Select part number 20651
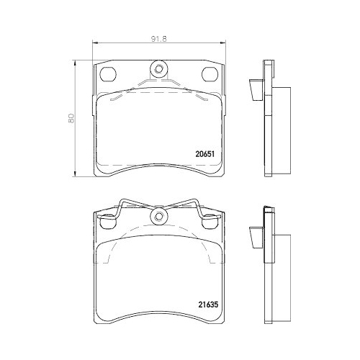tap(206, 152)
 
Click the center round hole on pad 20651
tap(158, 70)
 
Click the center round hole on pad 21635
tap(158, 216)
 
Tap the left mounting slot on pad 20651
tap(108, 74)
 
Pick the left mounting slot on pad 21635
tap(108, 220)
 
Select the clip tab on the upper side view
tap(254, 90)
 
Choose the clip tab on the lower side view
tap(254, 235)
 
